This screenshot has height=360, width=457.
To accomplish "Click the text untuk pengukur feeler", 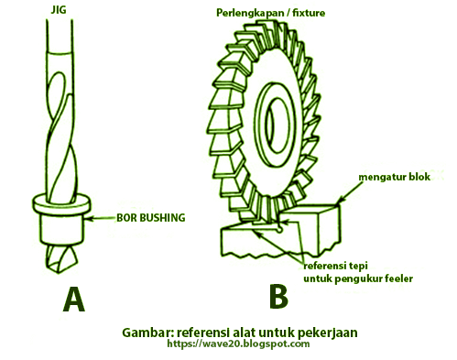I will (x=359, y=277).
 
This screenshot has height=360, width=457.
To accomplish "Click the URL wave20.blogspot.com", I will (x=238, y=344).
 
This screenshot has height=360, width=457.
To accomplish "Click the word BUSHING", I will (x=167, y=220).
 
